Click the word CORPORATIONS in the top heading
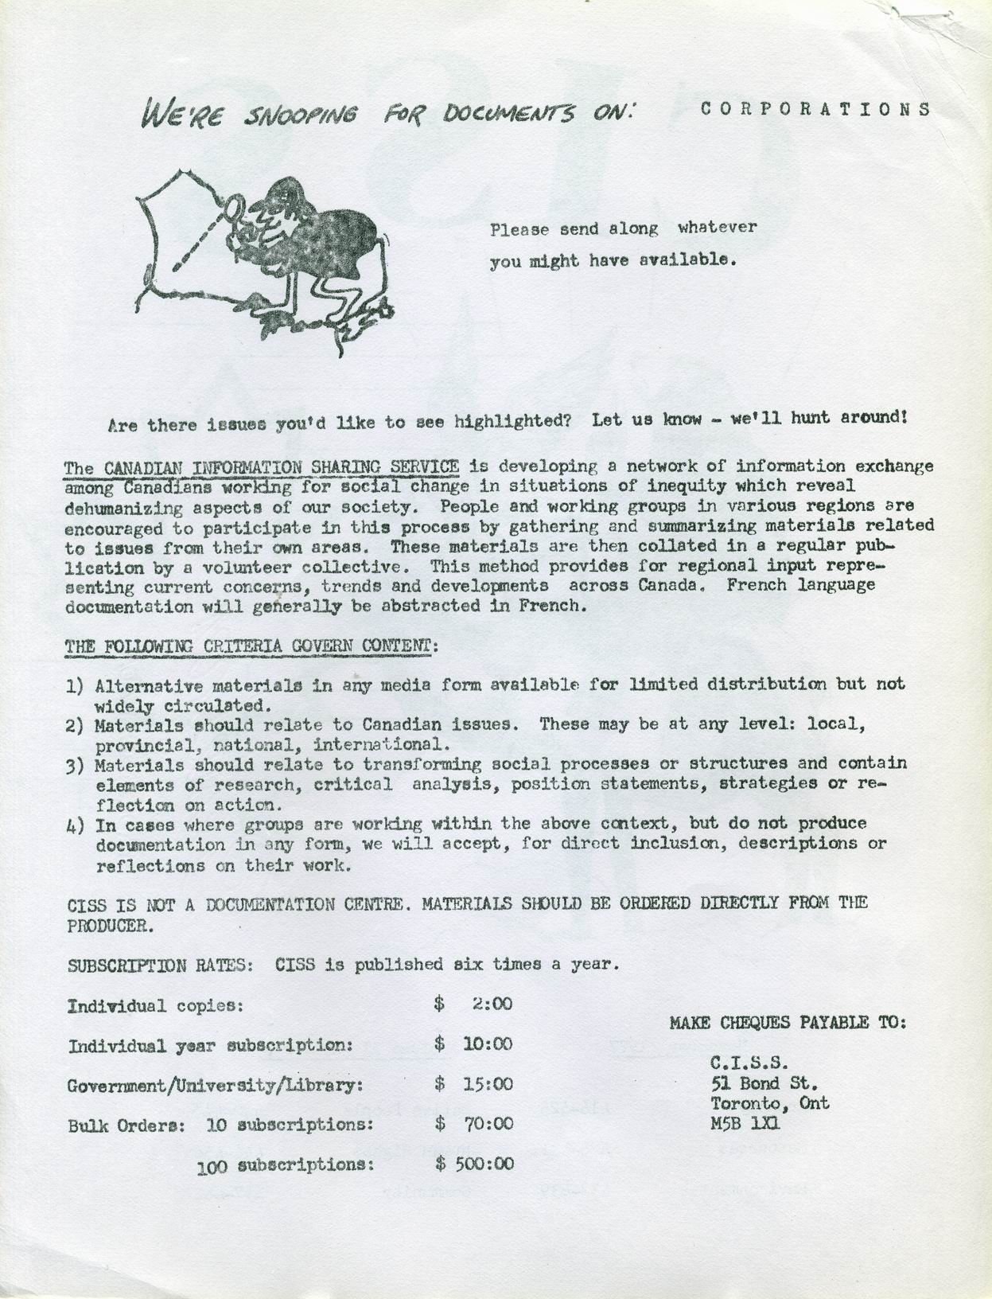coord(815,109)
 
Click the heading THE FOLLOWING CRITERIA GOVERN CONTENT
coord(249,646)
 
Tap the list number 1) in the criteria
coord(76,686)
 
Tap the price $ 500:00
coord(475,1164)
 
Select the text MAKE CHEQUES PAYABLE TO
coord(788,1023)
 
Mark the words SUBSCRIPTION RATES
coord(160,965)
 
